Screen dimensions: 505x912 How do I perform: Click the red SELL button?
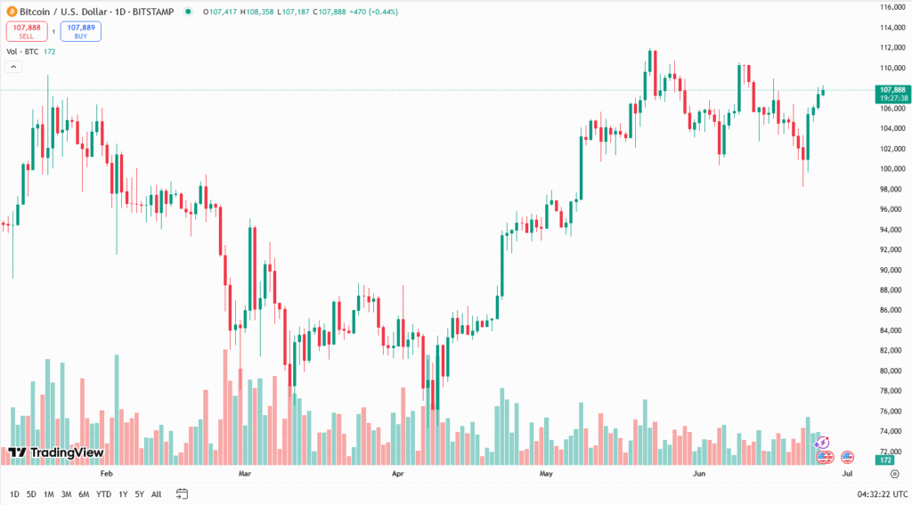pos(27,31)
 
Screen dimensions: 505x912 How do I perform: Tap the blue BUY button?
pos(81,31)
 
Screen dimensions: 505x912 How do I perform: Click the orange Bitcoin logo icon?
pos(11,12)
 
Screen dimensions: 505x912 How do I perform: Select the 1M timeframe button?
pos(49,493)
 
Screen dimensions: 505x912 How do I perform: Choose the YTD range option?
pos(103,493)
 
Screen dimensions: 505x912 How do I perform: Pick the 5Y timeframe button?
pos(139,493)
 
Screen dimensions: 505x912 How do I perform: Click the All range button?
pos(157,493)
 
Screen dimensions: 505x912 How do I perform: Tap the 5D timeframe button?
pos(31,493)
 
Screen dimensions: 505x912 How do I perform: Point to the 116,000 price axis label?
pos(892,7)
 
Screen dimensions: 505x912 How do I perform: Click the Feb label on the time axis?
pos(108,475)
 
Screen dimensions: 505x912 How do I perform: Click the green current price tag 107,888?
pos(892,90)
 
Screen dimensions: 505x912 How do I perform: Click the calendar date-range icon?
pos(182,493)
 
